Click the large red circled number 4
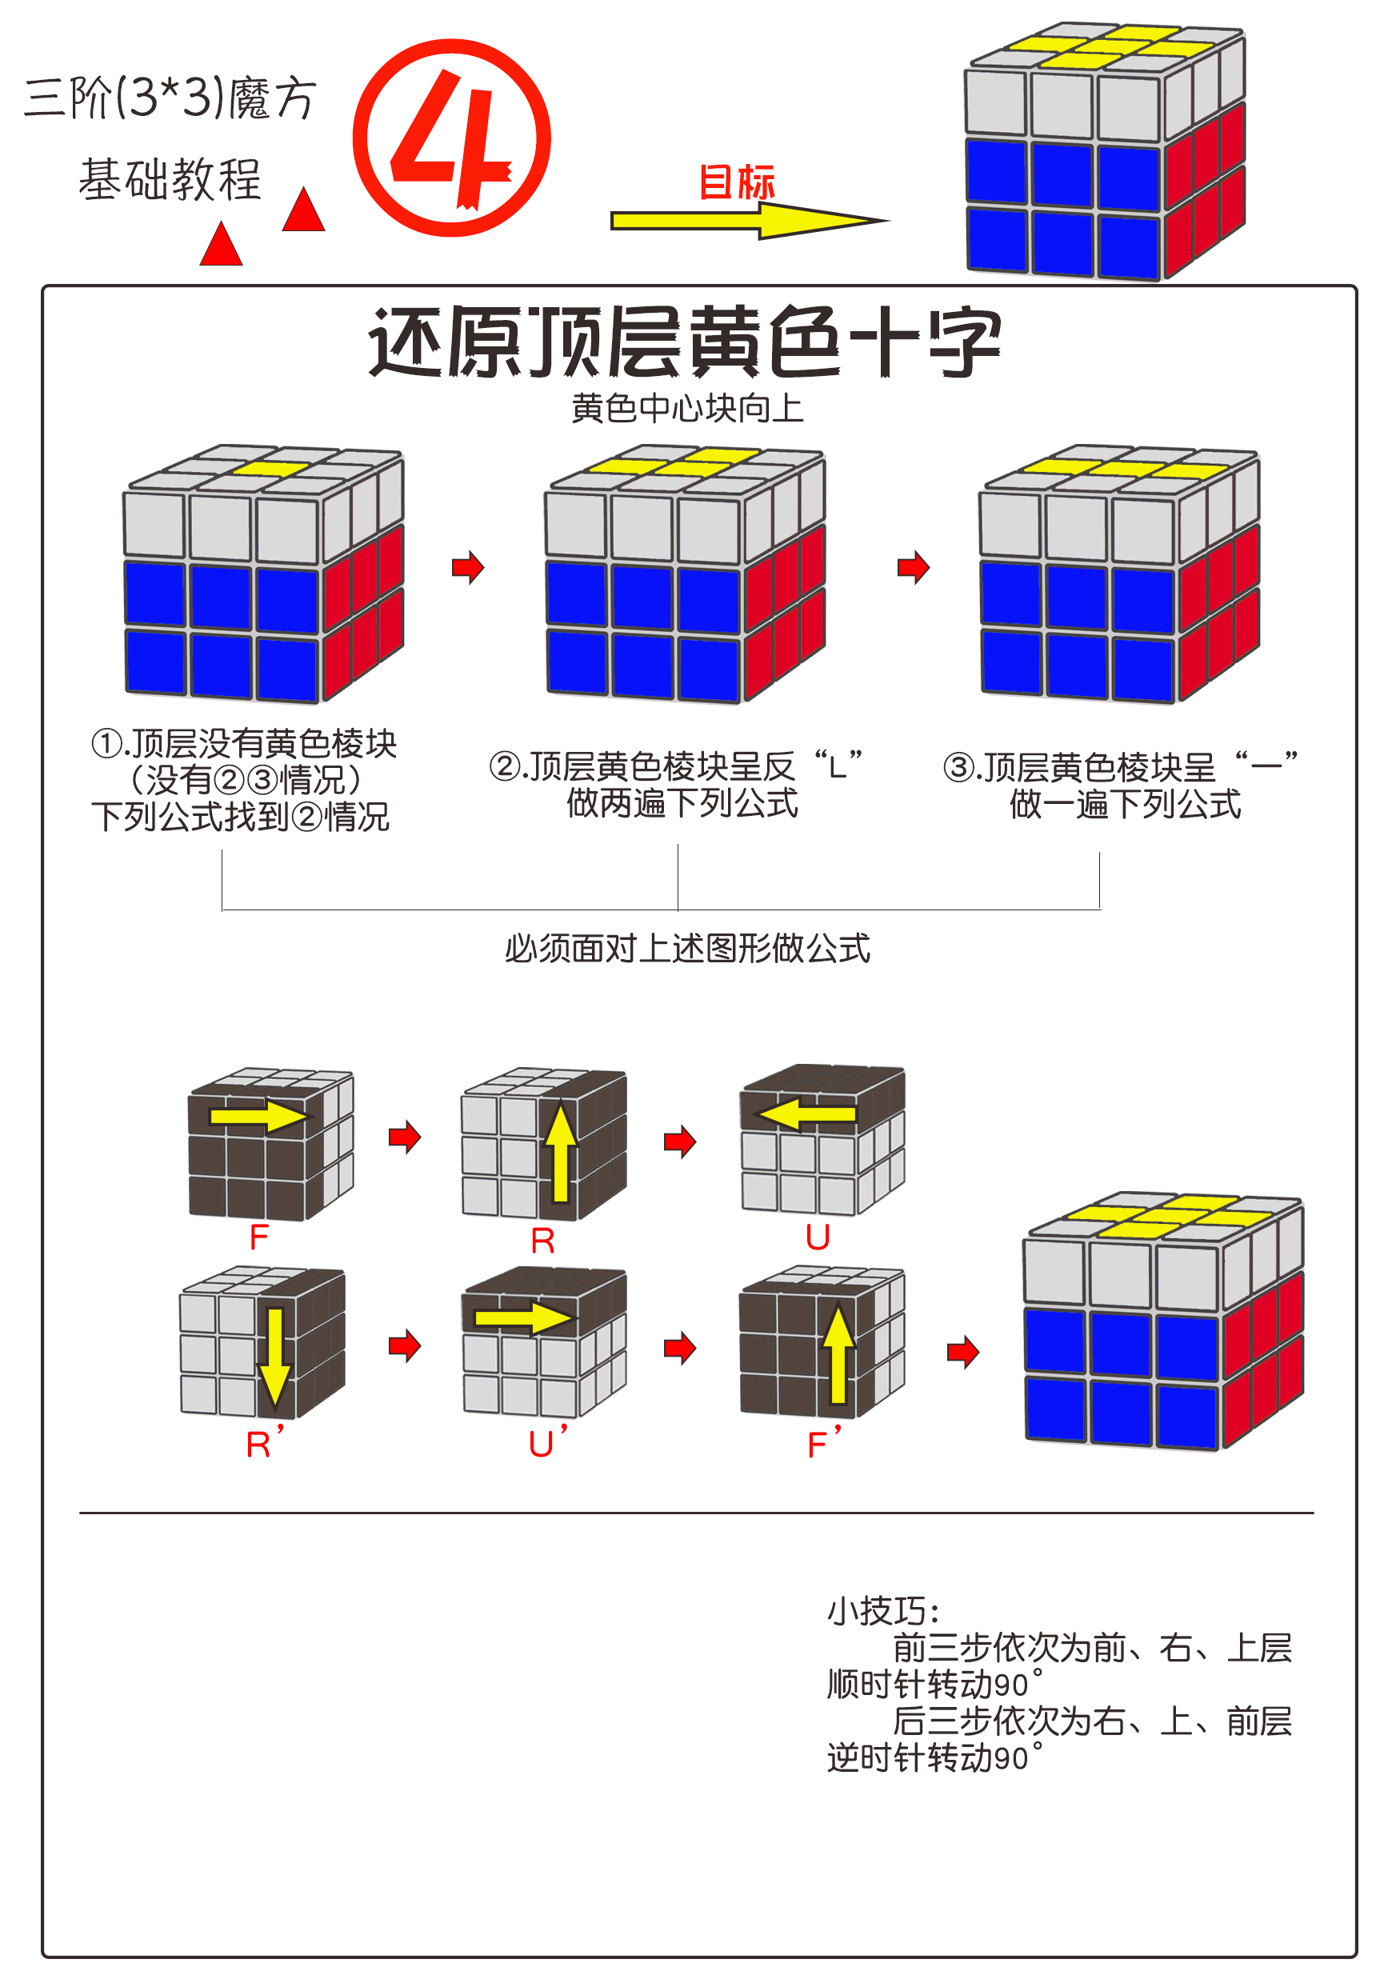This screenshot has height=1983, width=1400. (x=451, y=138)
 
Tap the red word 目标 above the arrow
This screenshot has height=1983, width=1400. (x=736, y=182)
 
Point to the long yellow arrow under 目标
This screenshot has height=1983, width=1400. (x=742, y=221)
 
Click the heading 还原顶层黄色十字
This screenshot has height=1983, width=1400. (x=684, y=342)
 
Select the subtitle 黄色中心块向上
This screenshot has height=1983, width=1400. (x=686, y=408)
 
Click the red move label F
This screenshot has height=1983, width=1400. (x=258, y=1237)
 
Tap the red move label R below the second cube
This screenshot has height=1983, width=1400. (x=542, y=1241)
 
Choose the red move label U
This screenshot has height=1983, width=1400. (x=817, y=1237)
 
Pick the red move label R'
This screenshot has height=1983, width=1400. (x=263, y=1443)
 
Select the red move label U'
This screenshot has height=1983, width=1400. (x=546, y=1443)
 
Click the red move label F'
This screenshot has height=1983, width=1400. (x=823, y=1443)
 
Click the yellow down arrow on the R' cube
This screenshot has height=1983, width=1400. (x=274, y=1357)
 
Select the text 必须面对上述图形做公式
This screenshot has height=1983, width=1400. (x=686, y=949)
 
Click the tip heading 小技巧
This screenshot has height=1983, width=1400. (x=882, y=1612)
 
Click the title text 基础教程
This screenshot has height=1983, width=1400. (x=170, y=180)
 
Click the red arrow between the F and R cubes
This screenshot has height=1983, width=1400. (x=404, y=1137)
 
